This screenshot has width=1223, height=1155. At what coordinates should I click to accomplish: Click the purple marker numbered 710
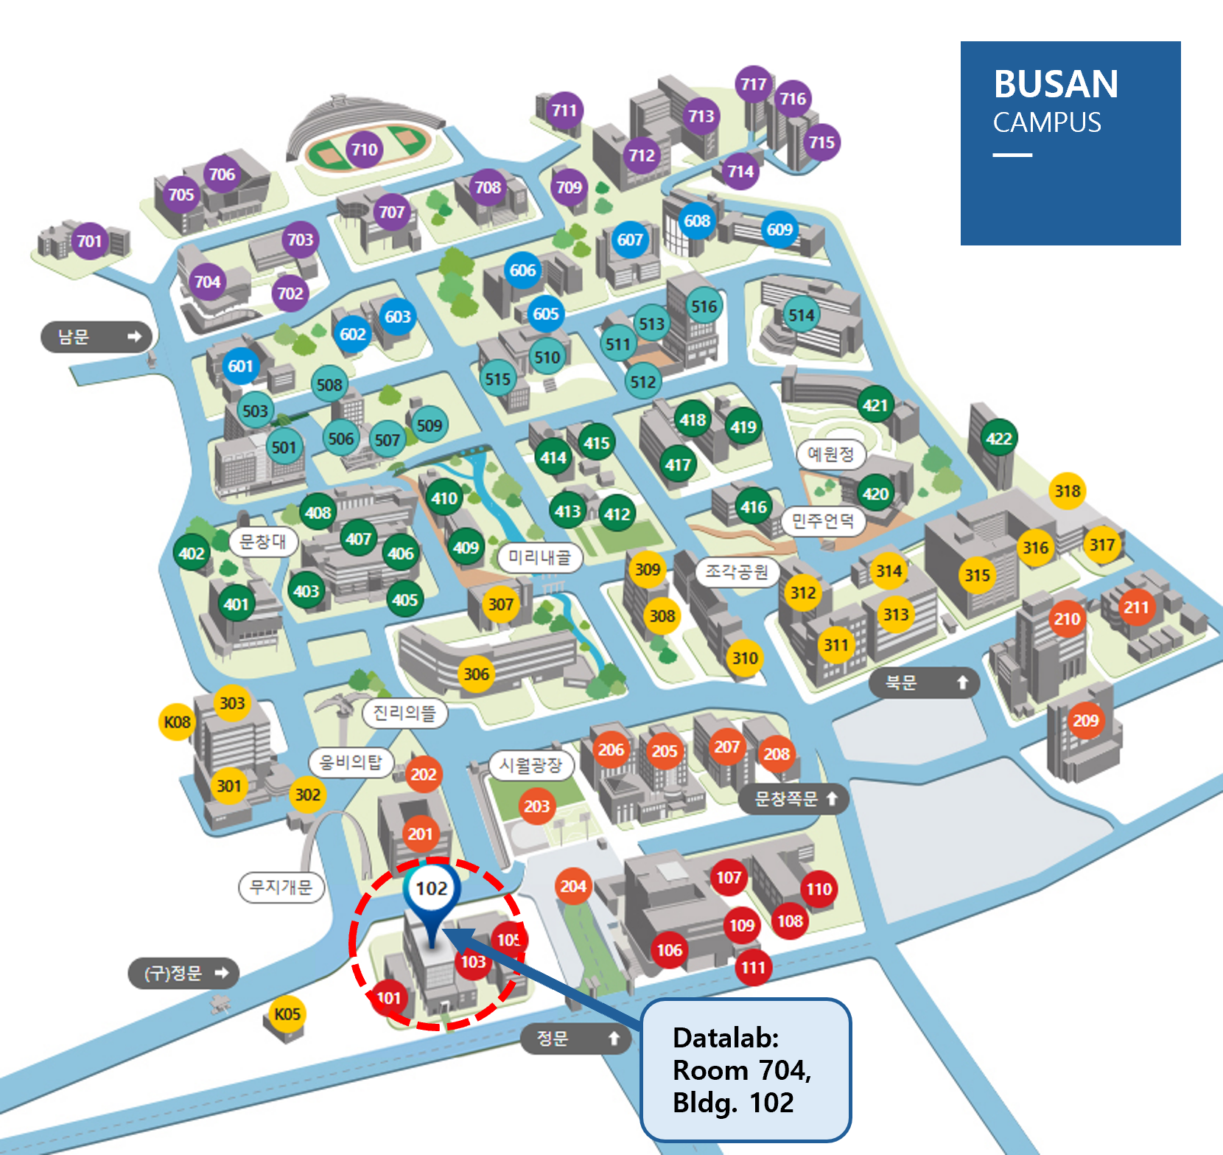click(x=364, y=150)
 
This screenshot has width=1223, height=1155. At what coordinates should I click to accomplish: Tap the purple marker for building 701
click(x=89, y=241)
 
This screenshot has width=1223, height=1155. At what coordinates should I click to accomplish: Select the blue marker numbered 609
click(x=779, y=230)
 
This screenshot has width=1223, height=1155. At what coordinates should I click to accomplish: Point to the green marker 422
click(x=999, y=439)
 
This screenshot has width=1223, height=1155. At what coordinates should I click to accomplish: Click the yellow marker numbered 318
click(x=1067, y=491)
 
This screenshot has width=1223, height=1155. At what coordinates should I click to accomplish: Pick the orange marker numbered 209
click(x=1085, y=720)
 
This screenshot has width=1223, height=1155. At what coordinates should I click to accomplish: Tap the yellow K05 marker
click(x=287, y=1014)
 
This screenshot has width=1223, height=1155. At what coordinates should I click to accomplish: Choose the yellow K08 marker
click(x=177, y=722)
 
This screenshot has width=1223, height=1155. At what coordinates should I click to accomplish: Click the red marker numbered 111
click(x=753, y=967)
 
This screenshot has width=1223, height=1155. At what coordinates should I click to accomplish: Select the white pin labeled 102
click(x=432, y=889)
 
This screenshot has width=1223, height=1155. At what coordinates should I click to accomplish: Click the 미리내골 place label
click(x=539, y=557)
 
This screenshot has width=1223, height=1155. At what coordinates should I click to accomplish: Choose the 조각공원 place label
click(x=736, y=571)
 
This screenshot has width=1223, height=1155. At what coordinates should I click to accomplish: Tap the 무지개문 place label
click(x=281, y=887)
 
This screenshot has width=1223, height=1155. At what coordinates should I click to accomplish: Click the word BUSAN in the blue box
click(x=1056, y=84)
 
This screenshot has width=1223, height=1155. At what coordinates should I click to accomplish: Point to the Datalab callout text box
click(x=746, y=1070)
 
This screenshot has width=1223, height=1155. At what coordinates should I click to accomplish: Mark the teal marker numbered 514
click(x=801, y=315)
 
